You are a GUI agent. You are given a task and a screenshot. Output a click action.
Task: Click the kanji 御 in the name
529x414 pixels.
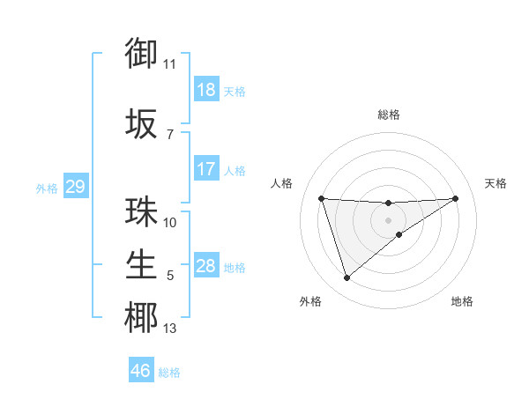tap(141, 55)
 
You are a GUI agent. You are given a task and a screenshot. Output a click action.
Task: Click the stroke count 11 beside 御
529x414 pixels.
tap(170, 64)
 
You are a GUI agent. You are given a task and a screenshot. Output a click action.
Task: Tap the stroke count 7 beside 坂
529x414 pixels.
tap(170, 135)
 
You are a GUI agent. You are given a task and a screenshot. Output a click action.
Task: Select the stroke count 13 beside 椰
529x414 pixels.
tap(170, 329)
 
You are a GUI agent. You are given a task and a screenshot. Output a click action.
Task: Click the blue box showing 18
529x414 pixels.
tap(206, 90)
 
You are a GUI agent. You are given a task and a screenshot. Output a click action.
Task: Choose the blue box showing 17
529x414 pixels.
tap(206, 169)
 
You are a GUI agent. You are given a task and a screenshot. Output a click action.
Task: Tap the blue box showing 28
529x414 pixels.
tap(206, 266)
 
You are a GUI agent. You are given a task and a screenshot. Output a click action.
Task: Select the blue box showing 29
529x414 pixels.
tap(75, 187)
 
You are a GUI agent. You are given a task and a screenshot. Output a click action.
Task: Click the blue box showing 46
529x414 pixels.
tap(141, 371)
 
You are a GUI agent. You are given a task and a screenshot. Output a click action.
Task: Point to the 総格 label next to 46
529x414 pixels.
tap(170, 373)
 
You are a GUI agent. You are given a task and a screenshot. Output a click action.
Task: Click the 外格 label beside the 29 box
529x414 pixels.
tap(47, 189)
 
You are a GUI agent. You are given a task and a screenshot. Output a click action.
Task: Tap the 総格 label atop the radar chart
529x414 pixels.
tap(389, 115)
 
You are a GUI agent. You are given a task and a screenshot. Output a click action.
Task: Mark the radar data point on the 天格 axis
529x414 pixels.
tap(455, 198)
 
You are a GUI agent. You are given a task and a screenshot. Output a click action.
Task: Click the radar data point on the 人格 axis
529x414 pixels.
tap(322, 198)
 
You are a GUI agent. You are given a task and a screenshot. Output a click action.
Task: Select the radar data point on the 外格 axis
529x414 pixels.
tap(346, 278)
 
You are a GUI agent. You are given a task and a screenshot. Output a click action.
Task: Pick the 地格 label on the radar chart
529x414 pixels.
tap(462, 302)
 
